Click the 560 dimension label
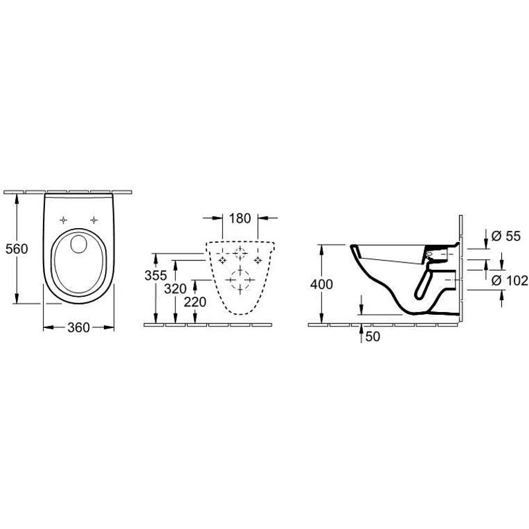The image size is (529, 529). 17,249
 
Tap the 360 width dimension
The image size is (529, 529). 79,327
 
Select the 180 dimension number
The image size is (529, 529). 240,219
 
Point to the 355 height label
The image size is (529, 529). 155,276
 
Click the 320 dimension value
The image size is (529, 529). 175,289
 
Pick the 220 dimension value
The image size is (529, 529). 194,302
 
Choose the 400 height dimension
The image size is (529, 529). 321,284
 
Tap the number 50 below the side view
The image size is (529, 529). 372,337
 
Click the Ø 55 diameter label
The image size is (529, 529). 506,236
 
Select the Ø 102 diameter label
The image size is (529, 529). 509,280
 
